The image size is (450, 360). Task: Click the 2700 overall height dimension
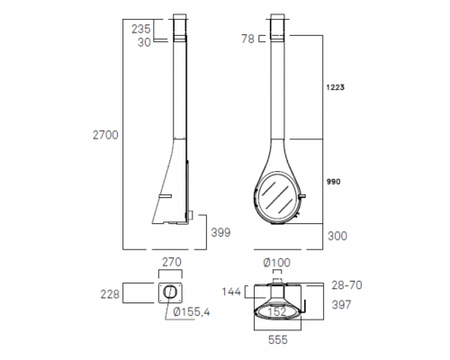[105, 135]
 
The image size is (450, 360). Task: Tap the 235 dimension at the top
[141, 29]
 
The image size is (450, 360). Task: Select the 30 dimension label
[144, 42]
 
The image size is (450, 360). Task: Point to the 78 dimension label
[247, 39]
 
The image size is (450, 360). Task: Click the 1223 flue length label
[336, 87]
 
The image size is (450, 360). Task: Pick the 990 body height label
[333, 182]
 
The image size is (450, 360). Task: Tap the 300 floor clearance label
[337, 236]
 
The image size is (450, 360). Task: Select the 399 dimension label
[220, 232]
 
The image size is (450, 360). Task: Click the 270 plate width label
[172, 262]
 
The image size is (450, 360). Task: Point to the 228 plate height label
[110, 294]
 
